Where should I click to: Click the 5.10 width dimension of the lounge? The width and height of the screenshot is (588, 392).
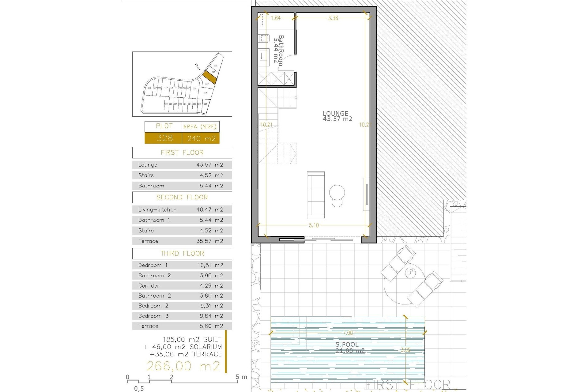(314, 225)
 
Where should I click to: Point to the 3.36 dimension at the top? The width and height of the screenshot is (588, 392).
(333, 18)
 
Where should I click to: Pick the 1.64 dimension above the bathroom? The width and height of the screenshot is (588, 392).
(276, 18)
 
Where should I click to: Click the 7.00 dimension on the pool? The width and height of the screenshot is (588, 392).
(348, 333)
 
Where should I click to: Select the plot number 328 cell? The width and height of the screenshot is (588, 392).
(164, 138)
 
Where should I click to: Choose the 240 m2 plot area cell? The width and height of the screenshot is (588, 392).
(201, 138)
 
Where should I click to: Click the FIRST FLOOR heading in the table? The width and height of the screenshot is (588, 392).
(182, 153)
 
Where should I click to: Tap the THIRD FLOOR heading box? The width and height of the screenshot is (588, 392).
(182, 254)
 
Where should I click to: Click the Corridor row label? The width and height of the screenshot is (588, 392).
(149, 286)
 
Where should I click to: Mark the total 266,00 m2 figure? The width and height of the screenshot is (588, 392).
(183, 366)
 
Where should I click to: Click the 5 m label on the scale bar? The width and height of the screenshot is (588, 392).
(241, 377)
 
